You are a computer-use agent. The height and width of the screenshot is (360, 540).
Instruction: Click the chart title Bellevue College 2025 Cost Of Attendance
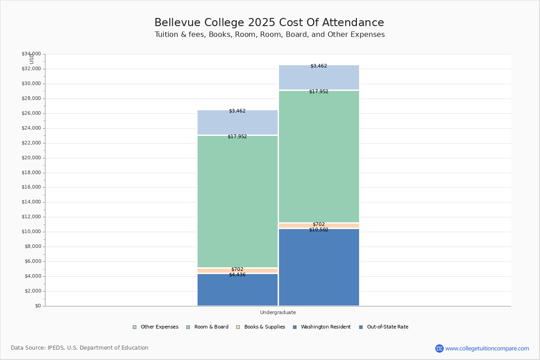click(269, 23)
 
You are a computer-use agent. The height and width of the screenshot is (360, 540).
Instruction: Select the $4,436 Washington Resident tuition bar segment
click(238, 290)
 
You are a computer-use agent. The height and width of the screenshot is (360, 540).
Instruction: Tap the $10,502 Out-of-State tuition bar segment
click(319, 268)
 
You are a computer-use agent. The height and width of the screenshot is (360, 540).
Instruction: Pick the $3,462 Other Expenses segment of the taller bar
click(319, 77)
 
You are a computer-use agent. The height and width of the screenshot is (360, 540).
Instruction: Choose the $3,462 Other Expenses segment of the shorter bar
click(238, 122)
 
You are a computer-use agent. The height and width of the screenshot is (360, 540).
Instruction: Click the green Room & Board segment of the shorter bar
click(238, 201)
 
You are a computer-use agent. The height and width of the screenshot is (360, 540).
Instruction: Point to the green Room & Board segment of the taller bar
click(319, 156)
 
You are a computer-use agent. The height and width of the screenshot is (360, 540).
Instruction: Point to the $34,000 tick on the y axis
click(31, 54)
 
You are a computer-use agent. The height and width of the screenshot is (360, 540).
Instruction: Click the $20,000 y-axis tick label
click(31, 158)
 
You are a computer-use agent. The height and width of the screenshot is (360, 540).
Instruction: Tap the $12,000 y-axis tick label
click(31, 217)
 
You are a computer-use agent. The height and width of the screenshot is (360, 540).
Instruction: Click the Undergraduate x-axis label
click(278, 312)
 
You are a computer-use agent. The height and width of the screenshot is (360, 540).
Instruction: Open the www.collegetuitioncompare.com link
click(487, 348)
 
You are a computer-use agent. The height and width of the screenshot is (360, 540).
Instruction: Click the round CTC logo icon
click(439, 348)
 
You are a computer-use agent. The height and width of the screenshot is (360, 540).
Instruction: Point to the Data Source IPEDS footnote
click(80, 348)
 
